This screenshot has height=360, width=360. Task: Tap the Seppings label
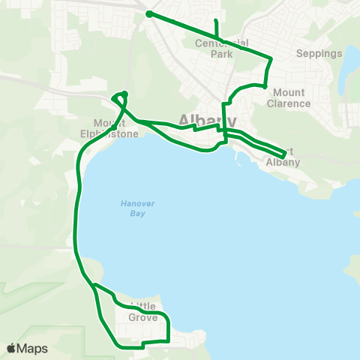click(x=319, y=53)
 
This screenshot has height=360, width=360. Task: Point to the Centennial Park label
click(x=223, y=49)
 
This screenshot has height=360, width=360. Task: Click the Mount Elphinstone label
click(x=116, y=128)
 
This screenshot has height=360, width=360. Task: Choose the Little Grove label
click(x=143, y=312)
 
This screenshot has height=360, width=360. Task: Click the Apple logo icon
click(x=11, y=349)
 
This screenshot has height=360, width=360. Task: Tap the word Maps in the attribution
click(x=33, y=349)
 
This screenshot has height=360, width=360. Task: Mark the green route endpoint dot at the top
click(x=149, y=13)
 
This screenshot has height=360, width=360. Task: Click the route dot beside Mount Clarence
click(x=265, y=86)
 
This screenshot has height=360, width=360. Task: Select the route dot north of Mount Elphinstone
click(x=124, y=94)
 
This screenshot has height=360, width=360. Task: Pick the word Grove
click(x=143, y=317)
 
